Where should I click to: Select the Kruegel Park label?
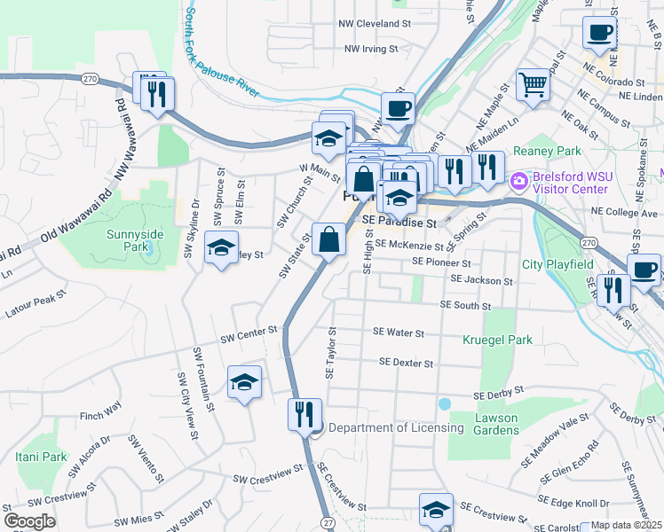click(x=496, y=340)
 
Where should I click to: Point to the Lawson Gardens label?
click(x=496, y=424)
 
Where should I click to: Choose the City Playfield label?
click(x=557, y=264)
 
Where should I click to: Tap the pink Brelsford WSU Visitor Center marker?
click(x=518, y=182)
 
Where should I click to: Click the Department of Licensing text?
click(x=396, y=427)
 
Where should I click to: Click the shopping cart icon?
click(x=533, y=85)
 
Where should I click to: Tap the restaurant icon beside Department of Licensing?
click(x=304, y=414)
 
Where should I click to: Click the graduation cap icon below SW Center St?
click(x=244, y=382)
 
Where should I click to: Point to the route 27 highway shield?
click(x=329, y=523)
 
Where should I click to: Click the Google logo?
click(x=29, y=521)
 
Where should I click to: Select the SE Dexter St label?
click(x=406, y=363)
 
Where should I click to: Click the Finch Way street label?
click(x=100, y=413)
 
